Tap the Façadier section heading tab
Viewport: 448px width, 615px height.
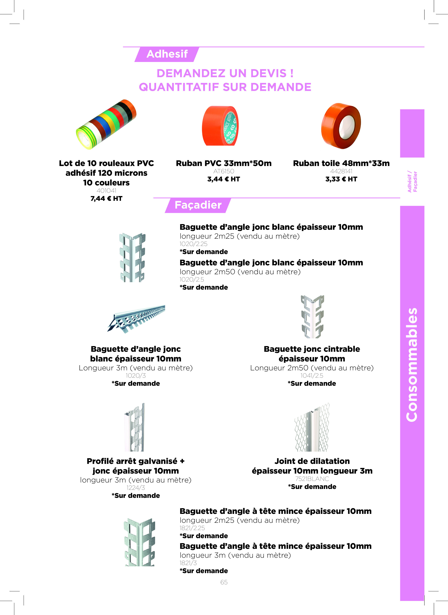tap(198, 205)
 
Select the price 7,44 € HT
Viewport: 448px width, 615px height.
tap(106, 199)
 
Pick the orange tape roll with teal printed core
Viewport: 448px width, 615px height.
tap(220, 126)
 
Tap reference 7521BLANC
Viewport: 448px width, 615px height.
tap(312, 479)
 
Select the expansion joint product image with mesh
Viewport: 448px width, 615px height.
tap(312, 427)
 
